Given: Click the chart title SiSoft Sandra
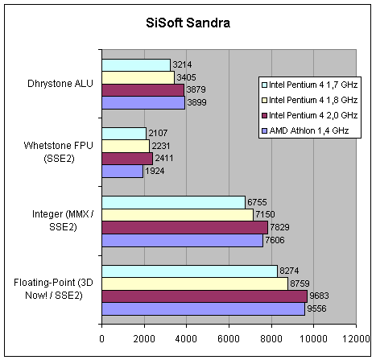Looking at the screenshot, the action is tap(188, 23).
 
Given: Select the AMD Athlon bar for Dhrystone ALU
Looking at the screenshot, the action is tap(143, 102).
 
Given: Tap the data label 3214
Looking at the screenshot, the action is tap(182, 64).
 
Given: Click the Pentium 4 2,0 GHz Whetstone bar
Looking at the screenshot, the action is tap(127, 159).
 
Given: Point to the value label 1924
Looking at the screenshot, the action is tap(155, 171).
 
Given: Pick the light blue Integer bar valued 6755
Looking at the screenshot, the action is tap(173, 202).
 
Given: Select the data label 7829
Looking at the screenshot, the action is tap(279, 227).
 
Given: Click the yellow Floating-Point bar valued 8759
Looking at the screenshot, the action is tap(195, 283).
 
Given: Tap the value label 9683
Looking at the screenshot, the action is tap(319, 296).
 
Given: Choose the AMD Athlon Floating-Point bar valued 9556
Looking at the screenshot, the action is tap(204, 309).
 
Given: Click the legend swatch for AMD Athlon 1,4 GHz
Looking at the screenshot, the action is tap(265, 130).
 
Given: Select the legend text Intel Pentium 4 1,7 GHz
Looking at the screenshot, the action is tap(313, 85).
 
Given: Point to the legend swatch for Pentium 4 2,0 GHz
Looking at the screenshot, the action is tap(265, 115).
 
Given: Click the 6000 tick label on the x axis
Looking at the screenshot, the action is tap(229, 339).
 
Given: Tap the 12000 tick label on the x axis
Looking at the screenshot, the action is tap(356, 339).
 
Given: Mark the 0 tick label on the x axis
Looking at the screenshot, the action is tap(101, 339).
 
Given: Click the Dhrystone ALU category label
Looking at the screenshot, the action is tap(60, 84).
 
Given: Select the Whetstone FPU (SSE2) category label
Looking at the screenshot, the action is tap(59, 152).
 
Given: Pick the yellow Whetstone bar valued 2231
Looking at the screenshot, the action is tap(126, 146).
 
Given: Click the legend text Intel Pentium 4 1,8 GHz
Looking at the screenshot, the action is tap(313, 100).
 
